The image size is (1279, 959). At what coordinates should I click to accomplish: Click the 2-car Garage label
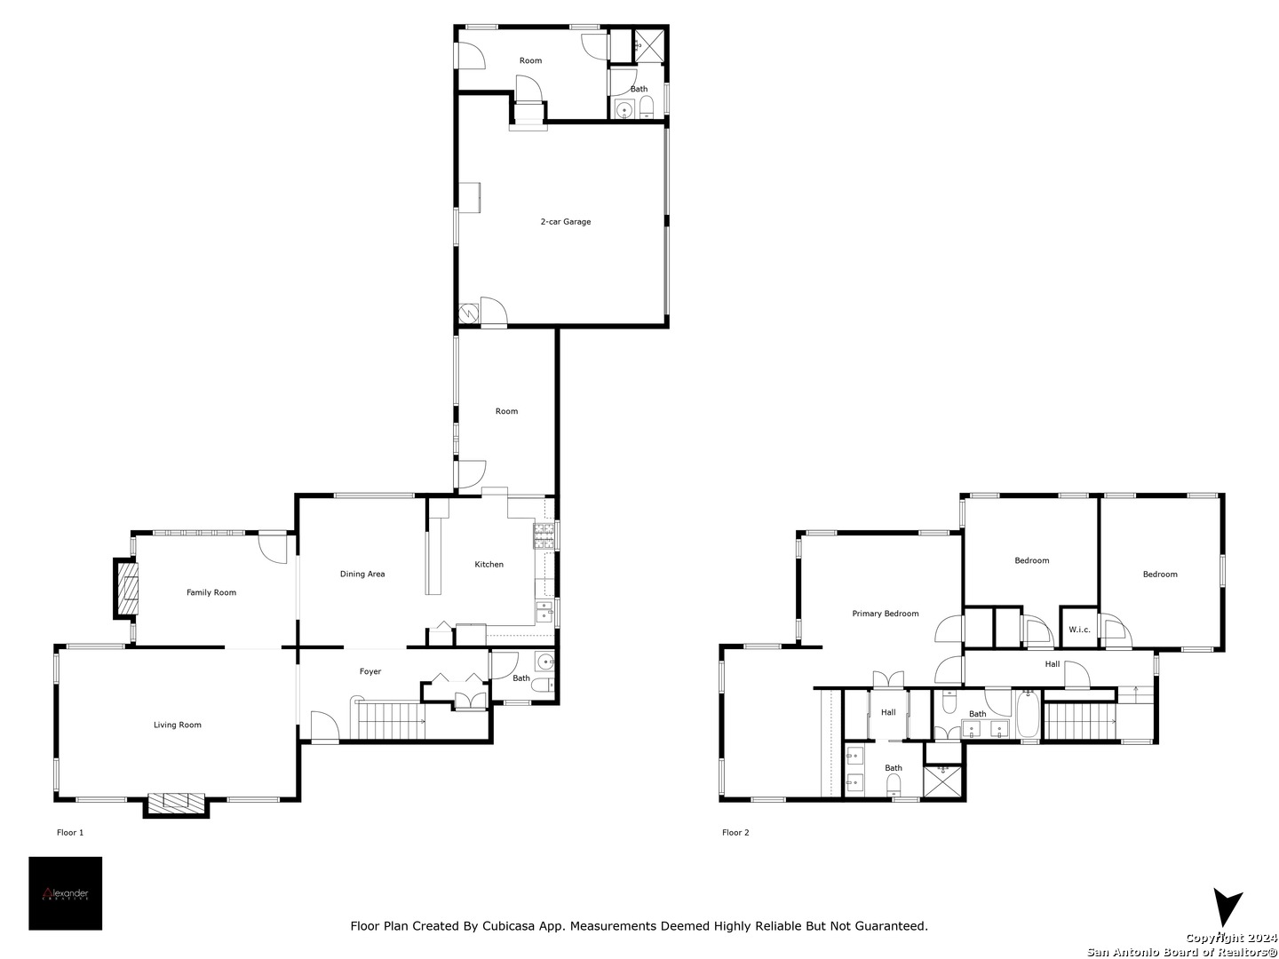point(565,221)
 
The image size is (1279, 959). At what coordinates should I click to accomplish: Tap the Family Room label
point(211,592)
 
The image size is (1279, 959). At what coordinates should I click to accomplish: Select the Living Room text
point(177,725)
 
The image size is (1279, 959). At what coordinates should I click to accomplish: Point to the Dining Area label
point(362,574)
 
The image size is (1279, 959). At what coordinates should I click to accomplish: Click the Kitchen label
point(489,564)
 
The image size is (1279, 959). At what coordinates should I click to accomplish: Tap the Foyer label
point(370,671)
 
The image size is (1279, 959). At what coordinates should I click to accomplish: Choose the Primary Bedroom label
point(886,613)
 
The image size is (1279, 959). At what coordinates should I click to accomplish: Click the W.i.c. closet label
point(1079,630)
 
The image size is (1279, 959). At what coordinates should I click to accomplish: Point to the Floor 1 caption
point(70,832)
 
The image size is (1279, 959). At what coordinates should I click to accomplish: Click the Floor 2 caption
point(735,832)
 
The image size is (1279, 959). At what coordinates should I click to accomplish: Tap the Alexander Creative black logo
point(65,893)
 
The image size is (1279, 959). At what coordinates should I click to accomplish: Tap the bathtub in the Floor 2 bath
point(1029,715)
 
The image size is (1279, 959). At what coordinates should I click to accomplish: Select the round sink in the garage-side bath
point(624,109)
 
